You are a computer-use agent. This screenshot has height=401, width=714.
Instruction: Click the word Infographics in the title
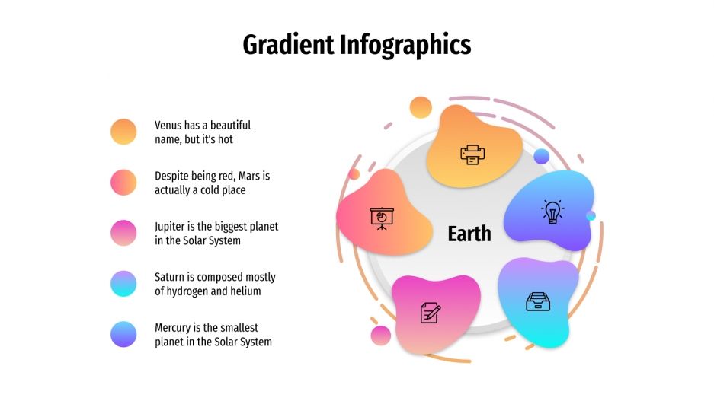click(x=405, y=46)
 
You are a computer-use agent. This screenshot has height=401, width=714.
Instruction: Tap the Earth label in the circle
click(x=469, y=234)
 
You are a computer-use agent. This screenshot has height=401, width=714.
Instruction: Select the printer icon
click(x=472, y=154)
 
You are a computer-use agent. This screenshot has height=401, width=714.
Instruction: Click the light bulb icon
click(x=552, y=212)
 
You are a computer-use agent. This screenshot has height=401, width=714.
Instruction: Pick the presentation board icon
click(x=381, y=218)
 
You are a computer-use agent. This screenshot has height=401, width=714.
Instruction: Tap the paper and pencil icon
click(x=431, y=312)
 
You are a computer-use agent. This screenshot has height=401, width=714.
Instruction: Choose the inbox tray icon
click(x=538, y=302)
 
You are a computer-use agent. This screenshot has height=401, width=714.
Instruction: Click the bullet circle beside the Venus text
click(x=123, y=132)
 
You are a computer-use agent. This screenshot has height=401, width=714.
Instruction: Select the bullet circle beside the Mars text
click(x=123, y=183)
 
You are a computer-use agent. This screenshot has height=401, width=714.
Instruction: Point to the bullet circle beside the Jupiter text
click(x=123, y=233)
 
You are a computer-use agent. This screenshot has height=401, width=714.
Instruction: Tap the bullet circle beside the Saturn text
click(x=123, y=284)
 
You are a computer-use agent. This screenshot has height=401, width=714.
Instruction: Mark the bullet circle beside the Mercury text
click(x=123, y=334)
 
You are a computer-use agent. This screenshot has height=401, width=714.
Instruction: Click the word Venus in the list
click(x=169, y=125)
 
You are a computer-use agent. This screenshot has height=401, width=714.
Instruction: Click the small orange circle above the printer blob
click(x=421, y=107)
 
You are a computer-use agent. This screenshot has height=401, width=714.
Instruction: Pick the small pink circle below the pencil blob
click(x=381, y=336)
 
